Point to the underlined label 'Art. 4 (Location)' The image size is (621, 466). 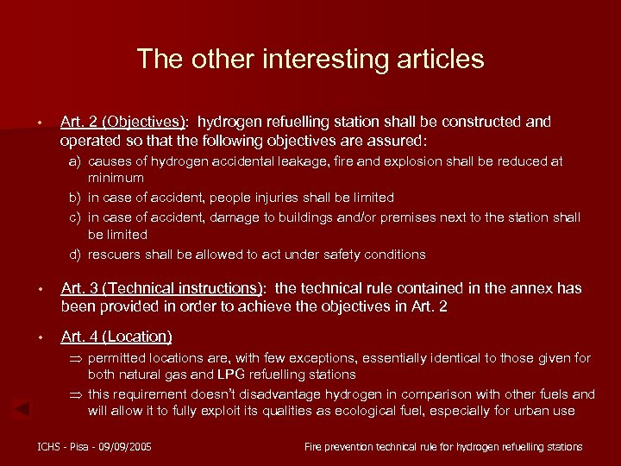pyautogui.click(x=116, y=337)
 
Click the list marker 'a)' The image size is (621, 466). pyautogui.click(x=76, y=161)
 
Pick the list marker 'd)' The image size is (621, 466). pyautogui.click(x=76, y=254)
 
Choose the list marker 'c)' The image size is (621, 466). pyautogui.click(x=76, y=217)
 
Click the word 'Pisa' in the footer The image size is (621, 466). pyautogui.click(x=76, y=446)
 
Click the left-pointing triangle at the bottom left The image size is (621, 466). pyautogui.click(x=25, y=407)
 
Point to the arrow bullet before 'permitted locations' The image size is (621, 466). pyautogui.click(x=76, y=358)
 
